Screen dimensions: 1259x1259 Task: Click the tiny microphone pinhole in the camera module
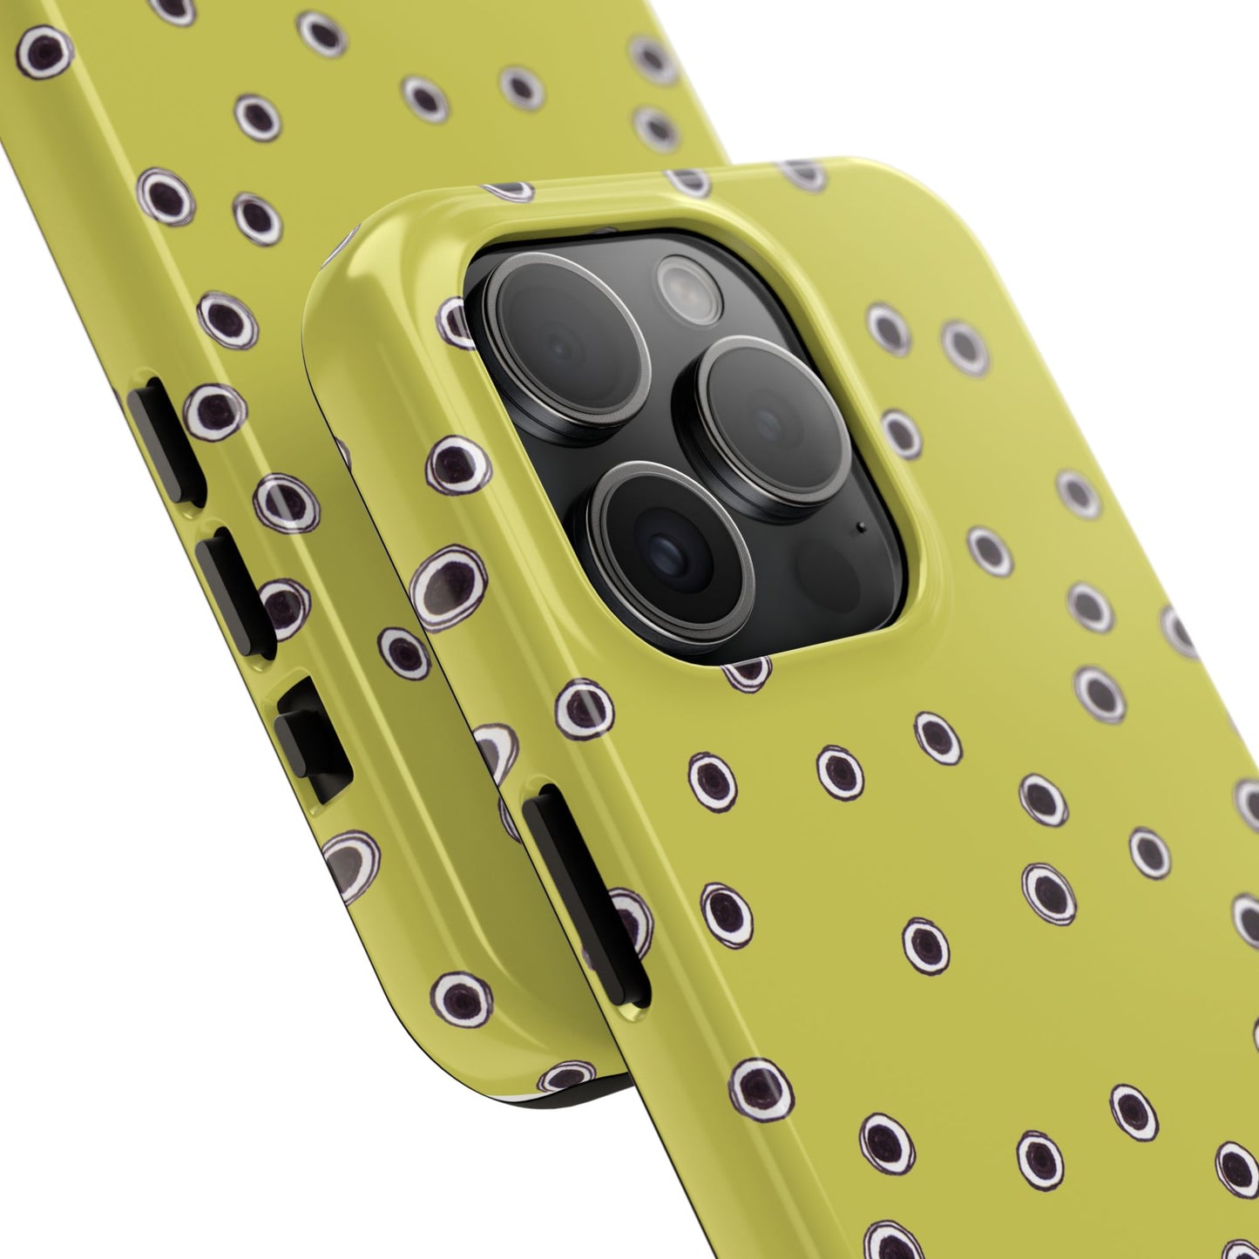[x=861, y=526]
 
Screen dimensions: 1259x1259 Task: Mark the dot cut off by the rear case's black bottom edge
[x=566, y=1077]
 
